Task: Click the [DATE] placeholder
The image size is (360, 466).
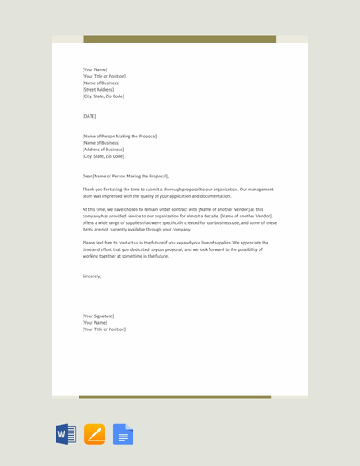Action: [x=89, y=116]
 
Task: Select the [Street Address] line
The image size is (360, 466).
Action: [x=98, y=90]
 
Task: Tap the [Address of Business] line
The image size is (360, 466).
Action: [x=103, y=150]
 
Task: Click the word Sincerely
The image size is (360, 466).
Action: [x=92, y=276]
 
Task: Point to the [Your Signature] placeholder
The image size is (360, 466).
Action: [x=98, y=316]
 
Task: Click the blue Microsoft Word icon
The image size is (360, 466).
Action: [x=66, y=434]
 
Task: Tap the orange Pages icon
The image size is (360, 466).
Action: [x=94, y=434]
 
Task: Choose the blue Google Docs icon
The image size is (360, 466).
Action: [x=123, y=434]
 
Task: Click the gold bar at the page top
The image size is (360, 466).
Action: [x=179, y=38]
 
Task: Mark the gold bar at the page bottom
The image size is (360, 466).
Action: [x=174, y=397]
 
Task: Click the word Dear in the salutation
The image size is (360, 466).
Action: [x=88, y=177]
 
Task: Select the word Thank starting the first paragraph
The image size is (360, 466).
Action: [x=88, y=190]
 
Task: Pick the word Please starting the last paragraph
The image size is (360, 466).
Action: [x=88, y=243]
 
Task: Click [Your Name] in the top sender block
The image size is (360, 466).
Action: [x=95, y=69]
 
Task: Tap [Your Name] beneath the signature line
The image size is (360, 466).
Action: [x=95, y=323]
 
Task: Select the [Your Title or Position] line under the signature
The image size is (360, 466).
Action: [x=104, y=329]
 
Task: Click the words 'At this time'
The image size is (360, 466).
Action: [x=93, y=209]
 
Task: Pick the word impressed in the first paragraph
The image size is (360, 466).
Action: [x=120, y=196]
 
